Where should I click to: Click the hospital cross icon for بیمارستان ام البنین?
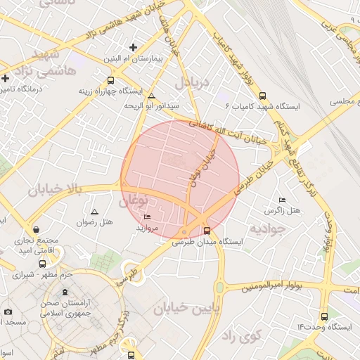click(134, 48)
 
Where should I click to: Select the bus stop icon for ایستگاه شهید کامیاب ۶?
click(263, 96)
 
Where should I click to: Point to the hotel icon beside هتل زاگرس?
click(283, 200)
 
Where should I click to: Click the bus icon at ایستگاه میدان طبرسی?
click(207, 230)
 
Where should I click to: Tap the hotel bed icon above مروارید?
click(147, 217)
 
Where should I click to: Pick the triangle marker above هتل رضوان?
click(95, 211)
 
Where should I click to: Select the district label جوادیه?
click(267, 229)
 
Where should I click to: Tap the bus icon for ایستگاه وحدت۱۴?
click(323, 317)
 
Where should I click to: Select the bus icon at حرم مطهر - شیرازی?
click(43, 264)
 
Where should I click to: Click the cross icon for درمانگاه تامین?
click(6, 78)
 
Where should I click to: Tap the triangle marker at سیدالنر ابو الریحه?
click(151, 96)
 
